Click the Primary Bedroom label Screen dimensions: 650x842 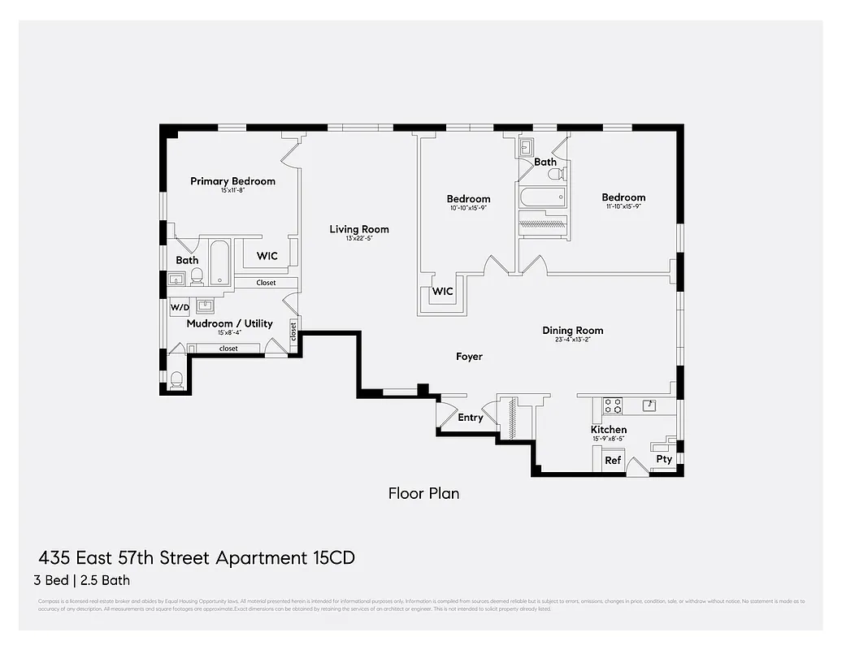coord(232,181)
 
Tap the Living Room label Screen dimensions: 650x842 coord(358,229)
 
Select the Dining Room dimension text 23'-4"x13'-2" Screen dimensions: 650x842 coord(572,341)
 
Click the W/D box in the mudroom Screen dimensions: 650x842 coord(179,308)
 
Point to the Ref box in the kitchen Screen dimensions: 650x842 coord(613,461)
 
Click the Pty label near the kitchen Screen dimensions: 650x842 coord(664,459)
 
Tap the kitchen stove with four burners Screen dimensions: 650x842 coord(612,404)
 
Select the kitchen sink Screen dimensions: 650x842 coord(649,404)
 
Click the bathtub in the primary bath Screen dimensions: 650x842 coord(219,262)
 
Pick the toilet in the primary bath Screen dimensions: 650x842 coord(197,276)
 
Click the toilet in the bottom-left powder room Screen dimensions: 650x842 coord(176,378)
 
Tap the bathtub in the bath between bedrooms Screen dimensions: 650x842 coord(542,197)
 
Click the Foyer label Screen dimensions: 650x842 coord(469,357)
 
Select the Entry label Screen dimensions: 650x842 coord(470,418)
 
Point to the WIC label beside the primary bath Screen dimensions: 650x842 coord(267,256)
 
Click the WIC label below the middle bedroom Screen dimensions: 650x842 coord(442,291)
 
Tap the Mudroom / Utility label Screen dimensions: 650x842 coord(229,323)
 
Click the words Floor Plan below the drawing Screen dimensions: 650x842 coord(423,492)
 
